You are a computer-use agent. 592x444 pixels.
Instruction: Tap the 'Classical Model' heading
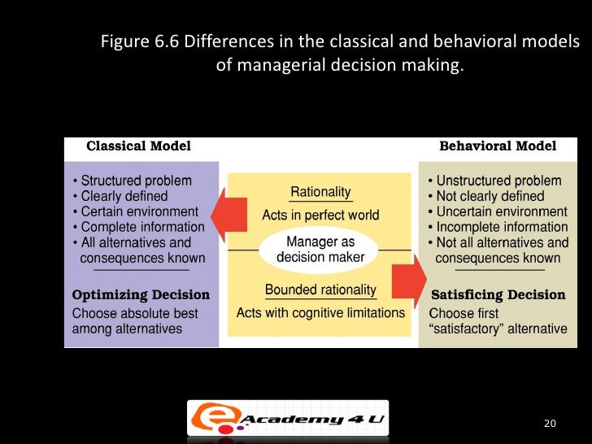tap(138, 146)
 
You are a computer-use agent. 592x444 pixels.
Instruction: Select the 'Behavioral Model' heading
tap(498, 146)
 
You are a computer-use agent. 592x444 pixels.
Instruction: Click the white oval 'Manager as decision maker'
tap(320, 250)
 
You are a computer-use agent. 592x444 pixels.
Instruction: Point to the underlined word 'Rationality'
tap(320, 192)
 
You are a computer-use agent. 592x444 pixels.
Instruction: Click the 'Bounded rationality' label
tap(320, 289)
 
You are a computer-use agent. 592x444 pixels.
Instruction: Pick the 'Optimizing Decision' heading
tap(141, 294)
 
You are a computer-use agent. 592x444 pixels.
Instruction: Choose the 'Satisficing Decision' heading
tap(498, 294)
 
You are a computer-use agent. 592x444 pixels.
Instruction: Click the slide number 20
tap(550, 424)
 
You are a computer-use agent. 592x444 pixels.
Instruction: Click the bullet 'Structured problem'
tap(135, 181)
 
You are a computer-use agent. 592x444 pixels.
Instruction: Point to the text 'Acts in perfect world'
tap(320, 215)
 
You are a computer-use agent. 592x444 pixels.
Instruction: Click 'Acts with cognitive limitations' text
tap(320, 312)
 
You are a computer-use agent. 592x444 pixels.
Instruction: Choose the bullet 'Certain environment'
tap(135, 211)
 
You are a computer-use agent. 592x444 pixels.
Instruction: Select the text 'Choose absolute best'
tap(134, 313)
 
